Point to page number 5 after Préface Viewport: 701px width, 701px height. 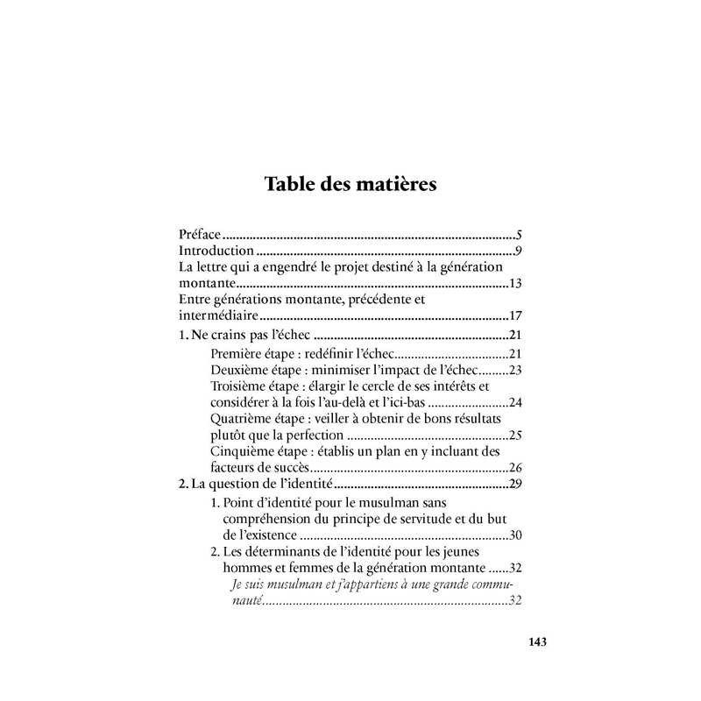(x=519, y=235)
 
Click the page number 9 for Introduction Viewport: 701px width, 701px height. (x=519, y=251)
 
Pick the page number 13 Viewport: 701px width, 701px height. (x=515, y=284)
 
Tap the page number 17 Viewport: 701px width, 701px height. (x=515, y=316)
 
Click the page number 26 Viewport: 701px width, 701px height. (x=515, y=468)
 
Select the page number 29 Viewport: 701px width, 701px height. (x=515, y=485)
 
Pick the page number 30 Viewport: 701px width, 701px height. (x=515, y=535)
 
